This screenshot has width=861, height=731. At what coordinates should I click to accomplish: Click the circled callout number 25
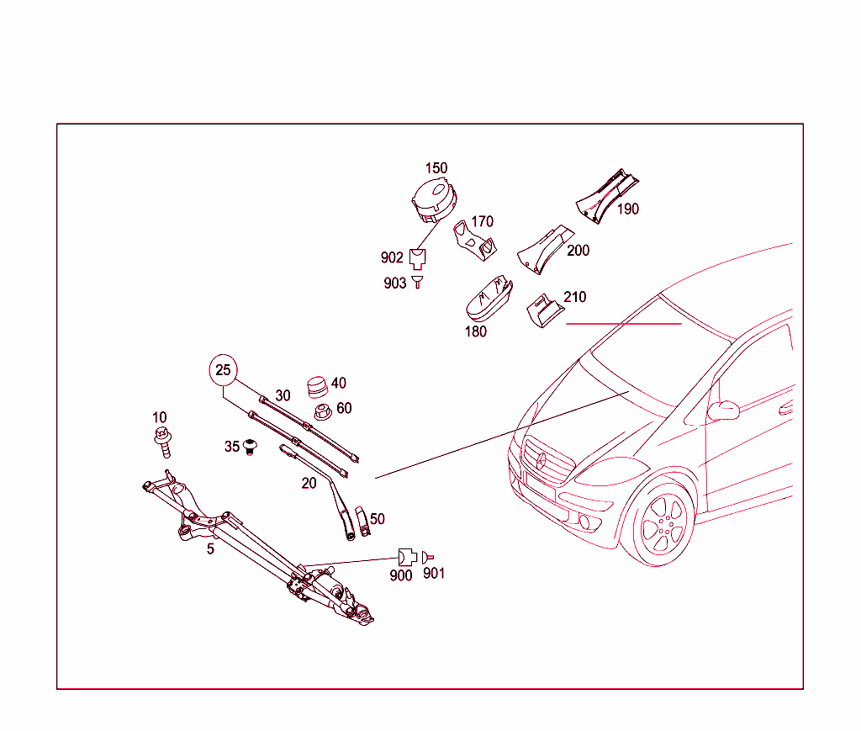(x=223, y=369)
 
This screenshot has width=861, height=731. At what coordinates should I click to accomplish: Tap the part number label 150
(x=436, y=168)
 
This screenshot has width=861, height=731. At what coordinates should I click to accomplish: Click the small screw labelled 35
(x=250, y=446)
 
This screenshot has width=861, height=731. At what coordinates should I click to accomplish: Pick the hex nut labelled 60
(x=320, y=412)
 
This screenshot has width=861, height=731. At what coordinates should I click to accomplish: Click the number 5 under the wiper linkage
(x=210, y=548)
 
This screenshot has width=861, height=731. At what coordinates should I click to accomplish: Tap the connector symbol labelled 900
(x=405, y=556)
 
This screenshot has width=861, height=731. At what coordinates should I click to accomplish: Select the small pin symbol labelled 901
(x=427, y=556)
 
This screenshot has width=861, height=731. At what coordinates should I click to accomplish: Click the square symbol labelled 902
(x=418, y=257)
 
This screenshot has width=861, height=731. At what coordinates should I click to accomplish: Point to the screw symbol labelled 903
(x=418, y=283)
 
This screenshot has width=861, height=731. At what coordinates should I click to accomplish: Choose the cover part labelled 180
(x=489, y=299)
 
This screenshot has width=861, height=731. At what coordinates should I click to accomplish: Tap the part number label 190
(x=628, y=209)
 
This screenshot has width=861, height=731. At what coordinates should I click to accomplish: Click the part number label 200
(x=578, y=250)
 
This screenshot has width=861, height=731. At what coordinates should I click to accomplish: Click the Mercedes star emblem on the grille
(x=542, y=459)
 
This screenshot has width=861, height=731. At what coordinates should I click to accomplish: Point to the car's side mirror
(x=723, y=411)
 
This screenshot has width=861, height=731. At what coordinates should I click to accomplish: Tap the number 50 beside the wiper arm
(x=378, y=519)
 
